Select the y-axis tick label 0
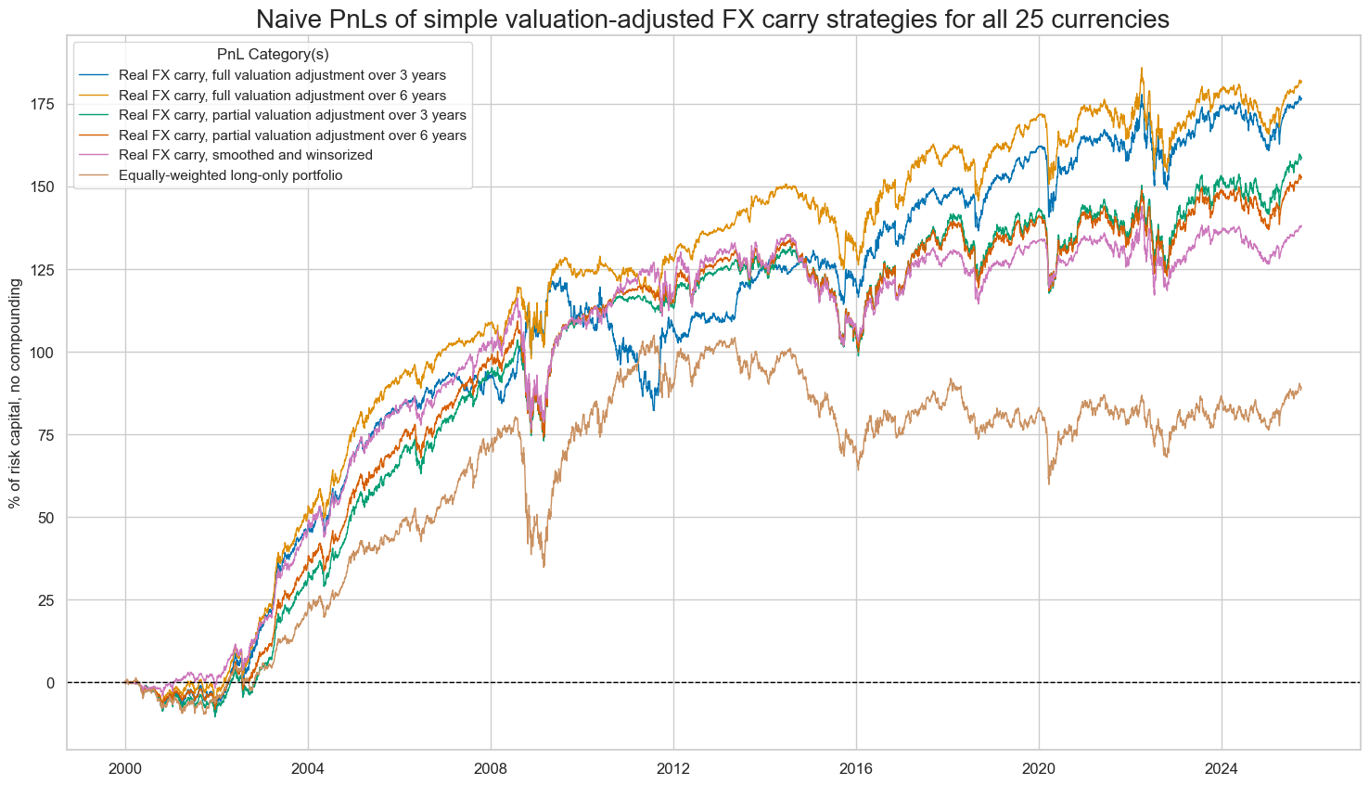tap(50, 683)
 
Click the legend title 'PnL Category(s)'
tap(272, 55)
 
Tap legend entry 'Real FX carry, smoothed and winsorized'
tap(246, 155)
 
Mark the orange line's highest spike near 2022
tap(1141, 68)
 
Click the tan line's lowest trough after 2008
tap(544, 566)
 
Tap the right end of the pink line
tap(1300, 225)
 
